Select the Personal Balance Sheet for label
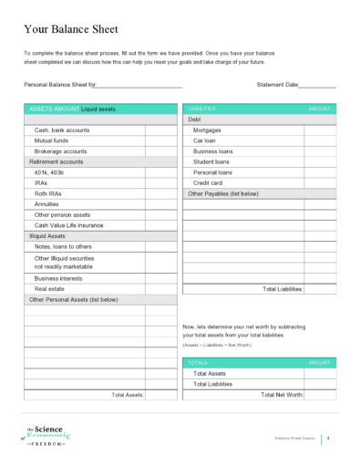tap(60, 85)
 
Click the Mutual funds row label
tap(51, 140)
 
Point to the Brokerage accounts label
tap(60, 151)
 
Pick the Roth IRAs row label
tap(48, 193)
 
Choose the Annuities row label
tap(46, 204)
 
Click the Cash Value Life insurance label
tap(68, 225)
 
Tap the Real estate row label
tap(49, 288)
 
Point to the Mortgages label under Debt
tap(207, 129)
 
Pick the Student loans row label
tap(211, 161)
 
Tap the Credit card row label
tap(208, 182)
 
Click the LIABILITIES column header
tap(201, 109)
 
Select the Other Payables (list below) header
tap(222, 193)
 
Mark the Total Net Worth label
tap(282, 395)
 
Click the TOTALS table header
tap(198, 363)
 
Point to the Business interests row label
tap(58, 278)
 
